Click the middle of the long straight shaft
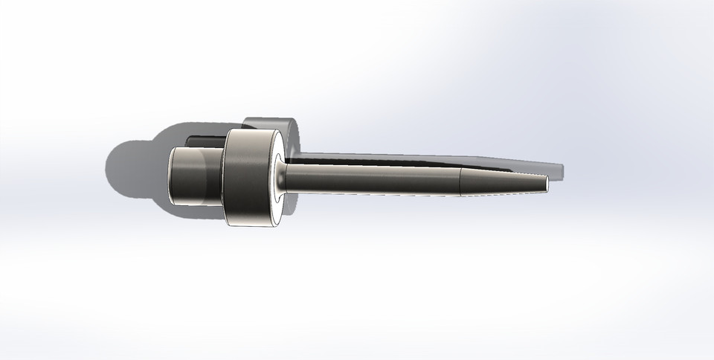(372, 179)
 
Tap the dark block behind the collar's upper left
(205, 140)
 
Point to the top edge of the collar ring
(249, 131)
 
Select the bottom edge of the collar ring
(249, 224)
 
